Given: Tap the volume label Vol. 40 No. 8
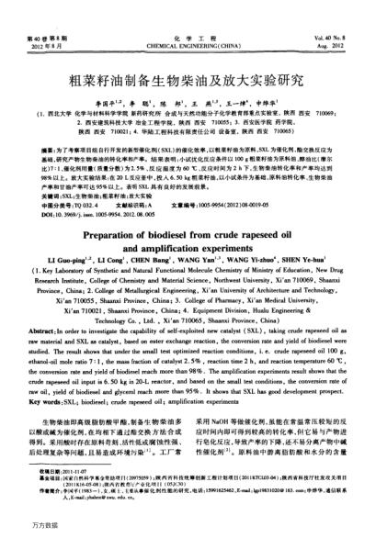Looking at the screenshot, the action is click(x=336, y=10).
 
